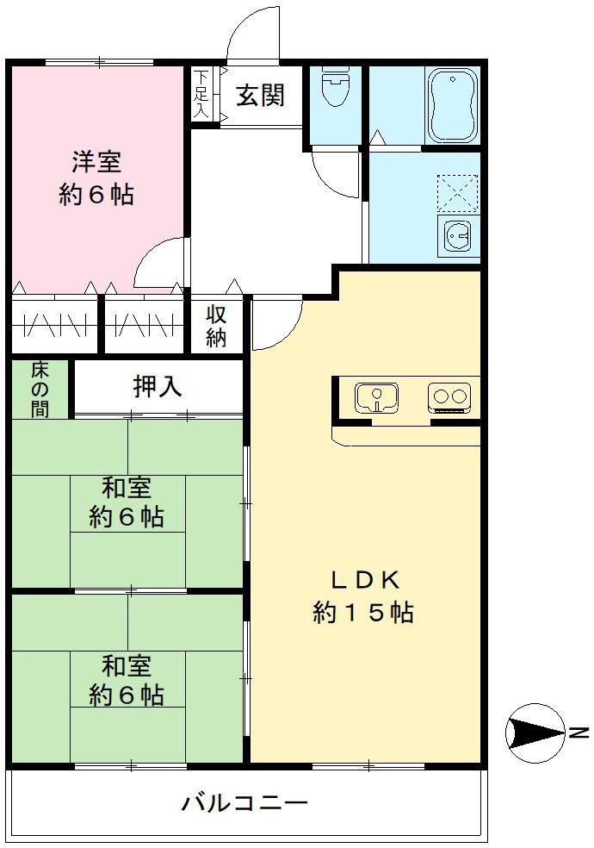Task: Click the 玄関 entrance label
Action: pos(261,96)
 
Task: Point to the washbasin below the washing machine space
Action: pos(457,234)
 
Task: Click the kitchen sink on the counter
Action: pos(376,397)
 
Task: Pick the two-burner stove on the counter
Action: pos(449,397)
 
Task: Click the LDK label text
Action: pos(363,578)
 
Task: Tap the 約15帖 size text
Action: pos(363,612)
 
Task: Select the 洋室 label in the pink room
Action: pos(96,161)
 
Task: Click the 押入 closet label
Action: pos(158,388)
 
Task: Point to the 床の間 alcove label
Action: pos(40,389)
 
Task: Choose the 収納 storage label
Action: pos(216,325)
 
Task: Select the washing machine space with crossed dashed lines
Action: pos(457,192)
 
